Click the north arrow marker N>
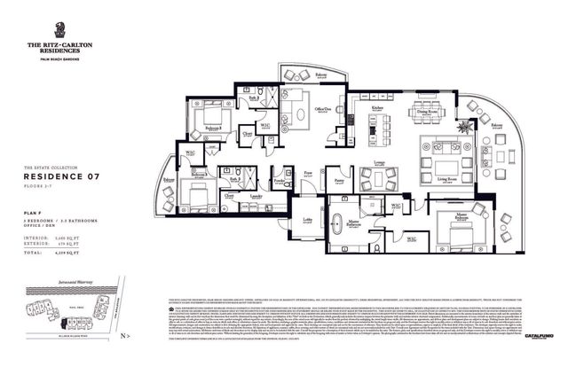127,337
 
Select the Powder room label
279,180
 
